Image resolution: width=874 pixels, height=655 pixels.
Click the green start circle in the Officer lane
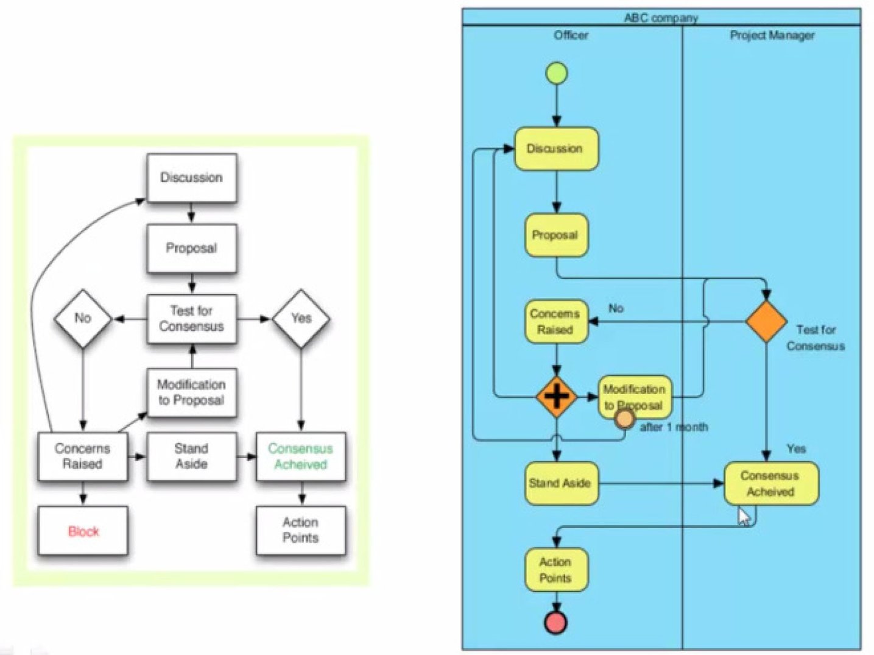click(x=556, y=73)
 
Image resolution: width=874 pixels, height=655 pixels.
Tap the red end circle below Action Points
click(x=555, y=622)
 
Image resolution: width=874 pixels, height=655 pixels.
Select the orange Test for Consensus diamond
click(x=766, y=321)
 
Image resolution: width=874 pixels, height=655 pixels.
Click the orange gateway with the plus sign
click(x=556, y=397)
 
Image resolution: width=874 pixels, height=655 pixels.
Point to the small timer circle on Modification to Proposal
click(x=624, y=419)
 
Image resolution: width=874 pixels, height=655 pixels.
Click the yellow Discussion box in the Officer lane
click(x=556, y=149)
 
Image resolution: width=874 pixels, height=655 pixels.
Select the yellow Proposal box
click(x=556, y=235)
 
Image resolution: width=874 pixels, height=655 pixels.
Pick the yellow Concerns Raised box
click(x=556, y=322)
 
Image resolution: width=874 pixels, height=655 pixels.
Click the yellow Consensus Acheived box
click(x=771, y=484)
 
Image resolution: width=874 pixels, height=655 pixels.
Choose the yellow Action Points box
click(x=556, y=570)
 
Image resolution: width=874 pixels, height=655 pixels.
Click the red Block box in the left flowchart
click(x=83, y=531)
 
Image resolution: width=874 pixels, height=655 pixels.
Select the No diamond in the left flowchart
click(x=83, y=319)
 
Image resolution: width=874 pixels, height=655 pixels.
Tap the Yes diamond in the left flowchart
click(x=301, y=319)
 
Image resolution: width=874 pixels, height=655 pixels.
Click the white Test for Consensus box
click(x=191, y=319)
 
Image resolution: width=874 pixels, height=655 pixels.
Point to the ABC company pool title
click(x=661, y=18)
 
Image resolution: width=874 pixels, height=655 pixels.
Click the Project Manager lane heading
click(x=772, y=35)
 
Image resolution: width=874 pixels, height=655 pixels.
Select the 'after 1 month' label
click(x=674, y=427)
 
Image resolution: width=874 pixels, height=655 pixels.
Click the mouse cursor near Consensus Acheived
click(x=744, y=516)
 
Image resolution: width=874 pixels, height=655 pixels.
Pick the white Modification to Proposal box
click(x=191, y=393)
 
